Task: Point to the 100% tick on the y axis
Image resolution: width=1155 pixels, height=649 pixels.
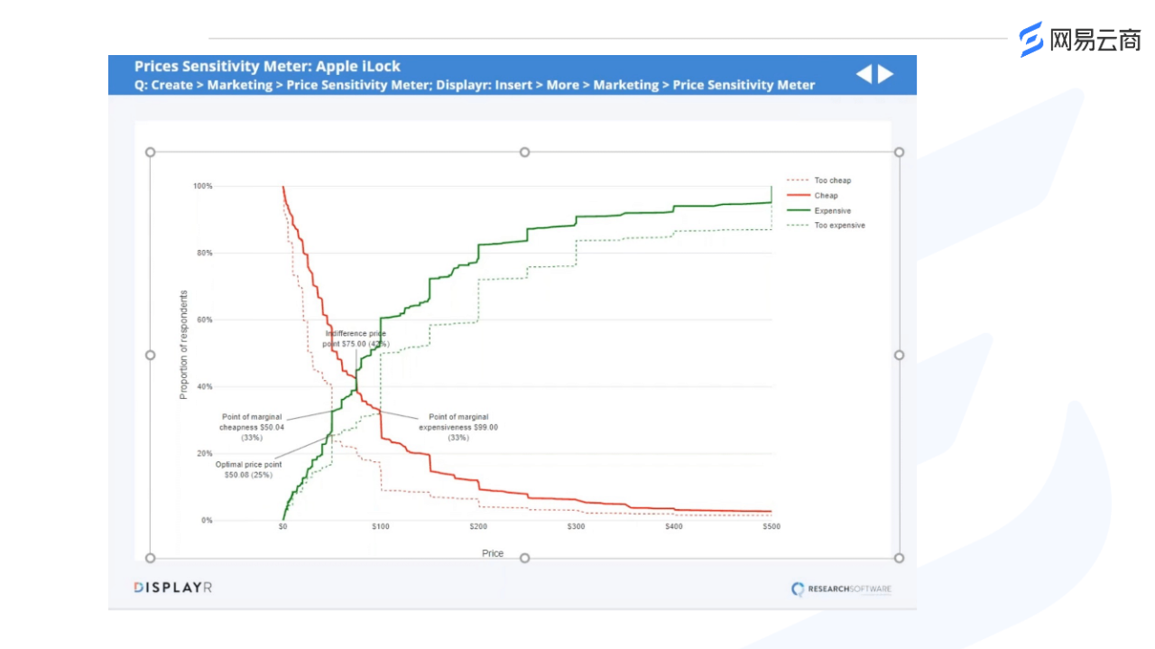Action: pyautogui.click(x=202, y=186)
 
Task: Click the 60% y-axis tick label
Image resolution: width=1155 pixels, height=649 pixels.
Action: pyautogui.click(x=204, y=320)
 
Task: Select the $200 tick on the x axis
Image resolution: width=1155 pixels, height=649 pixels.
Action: pyautogui.click(x=478, y=526)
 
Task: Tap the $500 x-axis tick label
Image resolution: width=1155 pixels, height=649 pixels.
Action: pyautogui.click(x=771, y=526)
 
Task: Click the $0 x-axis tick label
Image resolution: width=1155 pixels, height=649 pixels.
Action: pyautogui.click(x=283, y=526)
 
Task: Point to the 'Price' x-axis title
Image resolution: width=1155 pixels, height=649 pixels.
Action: pyautogui.click(x=493, y=553)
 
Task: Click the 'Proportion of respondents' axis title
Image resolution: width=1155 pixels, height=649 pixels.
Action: pyautogui.click(x=184, y=344)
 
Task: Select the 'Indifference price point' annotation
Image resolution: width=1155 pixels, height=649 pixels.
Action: pyautogui.click(x=356, y=338)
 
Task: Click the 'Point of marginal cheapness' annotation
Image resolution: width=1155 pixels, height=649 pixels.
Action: pyautogui.click(x=252, y=427)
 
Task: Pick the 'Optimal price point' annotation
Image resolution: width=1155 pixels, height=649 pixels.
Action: pyautogui.click(x=248, y=469)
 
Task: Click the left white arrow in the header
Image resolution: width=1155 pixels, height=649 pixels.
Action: pyautogui.click(x=864, y=74)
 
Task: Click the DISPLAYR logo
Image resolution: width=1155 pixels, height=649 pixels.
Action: pyautogui.click(x=173, y=588)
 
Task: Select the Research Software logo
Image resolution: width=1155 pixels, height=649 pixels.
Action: pyautogui.click(x=841, y=589)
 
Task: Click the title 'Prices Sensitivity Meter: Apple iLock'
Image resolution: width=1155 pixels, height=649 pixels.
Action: pyautogui.click(x=267, y=66)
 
